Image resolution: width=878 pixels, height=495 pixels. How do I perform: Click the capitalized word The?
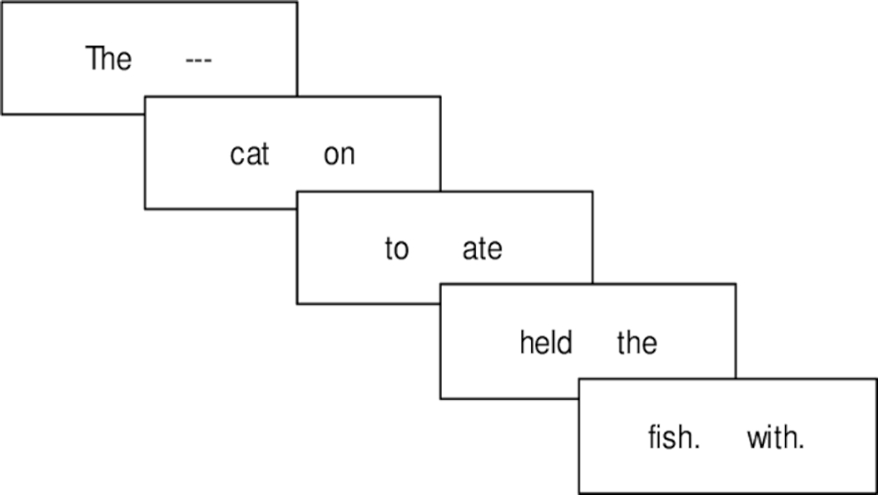[108, 59]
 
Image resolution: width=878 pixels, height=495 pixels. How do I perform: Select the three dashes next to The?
[199, 61]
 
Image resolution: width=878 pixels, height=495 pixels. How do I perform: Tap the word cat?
[249, 155]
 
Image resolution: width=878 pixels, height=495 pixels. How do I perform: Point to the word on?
[339, 156]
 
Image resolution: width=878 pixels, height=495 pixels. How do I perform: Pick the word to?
[396, 250]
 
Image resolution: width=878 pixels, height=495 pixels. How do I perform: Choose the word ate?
[482, 250]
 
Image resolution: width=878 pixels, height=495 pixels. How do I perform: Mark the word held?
[545, 342]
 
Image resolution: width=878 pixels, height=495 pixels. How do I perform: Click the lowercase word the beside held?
[637, 342]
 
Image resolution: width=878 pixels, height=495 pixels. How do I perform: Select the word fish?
[673, 437]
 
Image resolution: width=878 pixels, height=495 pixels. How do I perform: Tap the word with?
[775, 437]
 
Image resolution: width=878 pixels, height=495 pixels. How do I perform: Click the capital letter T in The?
[92, 59]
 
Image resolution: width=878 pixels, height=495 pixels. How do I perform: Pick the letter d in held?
[566, 342]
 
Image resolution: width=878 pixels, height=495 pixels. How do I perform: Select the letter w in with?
[756, 439]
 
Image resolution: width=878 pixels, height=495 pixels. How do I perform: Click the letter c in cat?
[236, 157]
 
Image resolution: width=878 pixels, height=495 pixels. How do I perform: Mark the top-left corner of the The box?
[2, 3]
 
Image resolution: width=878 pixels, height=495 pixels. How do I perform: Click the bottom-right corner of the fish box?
[875, 492]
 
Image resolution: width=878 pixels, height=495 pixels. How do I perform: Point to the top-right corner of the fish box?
[875, 380]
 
